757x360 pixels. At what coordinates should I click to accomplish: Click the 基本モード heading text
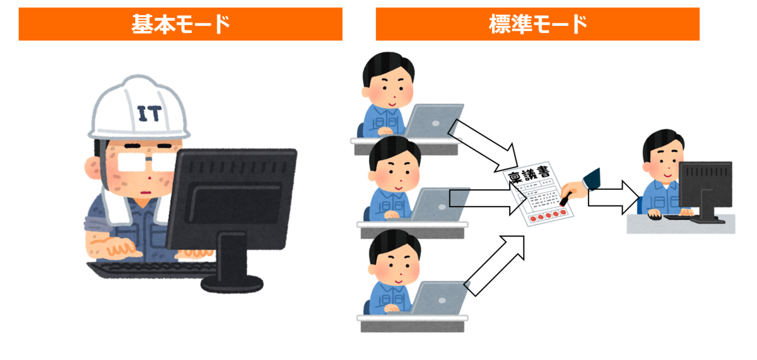click(x=181, y=25)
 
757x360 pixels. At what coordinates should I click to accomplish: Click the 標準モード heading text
click(x=537, y=25)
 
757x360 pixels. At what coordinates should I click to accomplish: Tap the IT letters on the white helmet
click(x=150, y=113)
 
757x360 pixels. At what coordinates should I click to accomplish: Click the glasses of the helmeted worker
click(x=145, y=161)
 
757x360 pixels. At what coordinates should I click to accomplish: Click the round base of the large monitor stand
click(x=232, y=284)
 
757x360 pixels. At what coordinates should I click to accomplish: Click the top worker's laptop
click(x=434, y=120)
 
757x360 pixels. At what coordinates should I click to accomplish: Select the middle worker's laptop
click(x=439, y=204)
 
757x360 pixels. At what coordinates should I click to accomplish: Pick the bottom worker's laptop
click(x=439, y=298)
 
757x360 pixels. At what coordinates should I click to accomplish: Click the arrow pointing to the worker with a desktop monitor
click(x=614, y=197)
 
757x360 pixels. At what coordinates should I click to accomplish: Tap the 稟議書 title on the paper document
click(x=528, y=175)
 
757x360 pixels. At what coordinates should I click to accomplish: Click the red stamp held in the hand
click(x=565, y=199)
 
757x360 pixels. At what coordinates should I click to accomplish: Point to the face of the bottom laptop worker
click(x=396, y=267)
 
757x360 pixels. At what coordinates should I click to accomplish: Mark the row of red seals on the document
click(x=548, y=215)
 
